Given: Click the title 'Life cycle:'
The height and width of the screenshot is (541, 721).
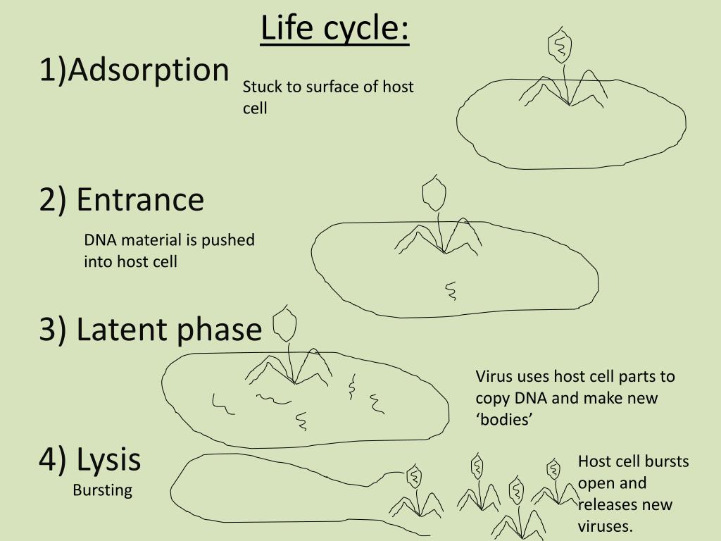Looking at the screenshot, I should pyautogui.click(x=334, y=28).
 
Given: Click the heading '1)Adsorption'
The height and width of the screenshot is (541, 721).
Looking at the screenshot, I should pyautogui.click(x=134, y=70).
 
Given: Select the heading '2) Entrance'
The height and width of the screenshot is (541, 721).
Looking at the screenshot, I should pyautogui.click(x=122, y=199).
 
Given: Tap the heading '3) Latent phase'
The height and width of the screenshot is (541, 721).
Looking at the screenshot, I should pyautogui.click(x=150, y=330).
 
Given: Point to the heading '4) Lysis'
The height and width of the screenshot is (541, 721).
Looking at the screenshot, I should pyautogui.click(x=90, y=460).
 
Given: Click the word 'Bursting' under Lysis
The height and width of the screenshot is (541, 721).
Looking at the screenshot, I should pyautogui.click(x=102, y=490).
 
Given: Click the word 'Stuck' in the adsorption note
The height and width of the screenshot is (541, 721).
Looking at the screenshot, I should pyautogui.click(x=260, y=87).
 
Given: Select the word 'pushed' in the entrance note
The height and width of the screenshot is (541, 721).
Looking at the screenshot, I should pyautogui.click(x=228, y=240).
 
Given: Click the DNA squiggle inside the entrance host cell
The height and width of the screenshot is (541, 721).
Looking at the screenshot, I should pyautogui.click(x=450, y=290).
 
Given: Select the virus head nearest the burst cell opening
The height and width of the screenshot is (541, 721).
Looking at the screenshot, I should pyautogui.click(x=414, y=477).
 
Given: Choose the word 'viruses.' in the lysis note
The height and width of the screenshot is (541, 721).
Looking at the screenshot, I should pyautogui.click(x=606, y=526).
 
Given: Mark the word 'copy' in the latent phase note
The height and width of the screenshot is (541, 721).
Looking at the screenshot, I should pyautogui.click(x=492, y=398).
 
